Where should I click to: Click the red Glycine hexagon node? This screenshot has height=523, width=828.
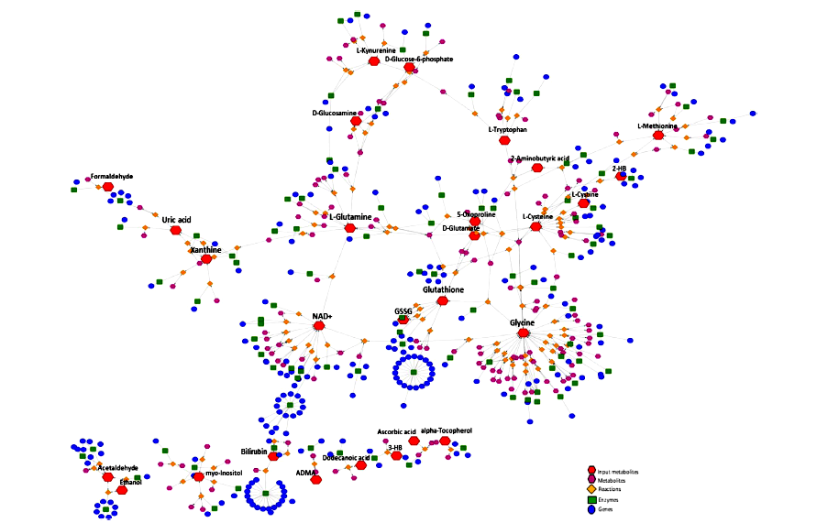524,333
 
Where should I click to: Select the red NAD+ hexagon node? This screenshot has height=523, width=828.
319,325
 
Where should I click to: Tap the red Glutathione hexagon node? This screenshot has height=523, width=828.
442,300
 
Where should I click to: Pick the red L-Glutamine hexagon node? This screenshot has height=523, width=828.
349,228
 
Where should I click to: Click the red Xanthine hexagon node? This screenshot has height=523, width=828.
206,259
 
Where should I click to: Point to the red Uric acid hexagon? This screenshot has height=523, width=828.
175,231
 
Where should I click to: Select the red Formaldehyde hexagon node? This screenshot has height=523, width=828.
108,187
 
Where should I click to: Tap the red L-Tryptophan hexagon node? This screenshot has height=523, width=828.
503,140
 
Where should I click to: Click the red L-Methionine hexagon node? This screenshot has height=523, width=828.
657,136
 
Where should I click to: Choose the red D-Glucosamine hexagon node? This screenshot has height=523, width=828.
356,121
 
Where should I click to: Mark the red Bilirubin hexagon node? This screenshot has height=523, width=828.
273,456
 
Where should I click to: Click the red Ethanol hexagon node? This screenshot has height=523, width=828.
122,490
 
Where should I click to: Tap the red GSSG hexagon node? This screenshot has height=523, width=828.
403,320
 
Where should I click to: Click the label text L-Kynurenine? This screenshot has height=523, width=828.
376,50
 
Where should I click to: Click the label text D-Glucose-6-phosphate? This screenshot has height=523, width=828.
419,59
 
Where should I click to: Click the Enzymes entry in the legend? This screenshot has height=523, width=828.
610,499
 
